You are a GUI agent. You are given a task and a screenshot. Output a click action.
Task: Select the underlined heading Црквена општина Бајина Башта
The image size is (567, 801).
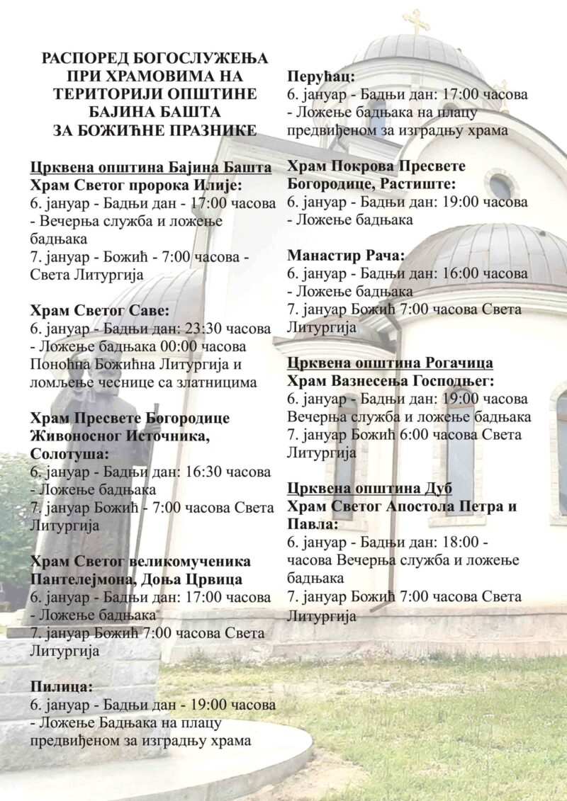tap(151, 168)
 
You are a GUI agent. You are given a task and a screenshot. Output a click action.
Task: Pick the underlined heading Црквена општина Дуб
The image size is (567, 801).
tap(370, 489)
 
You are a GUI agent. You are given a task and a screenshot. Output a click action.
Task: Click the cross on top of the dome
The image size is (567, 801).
tap(416, 21)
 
